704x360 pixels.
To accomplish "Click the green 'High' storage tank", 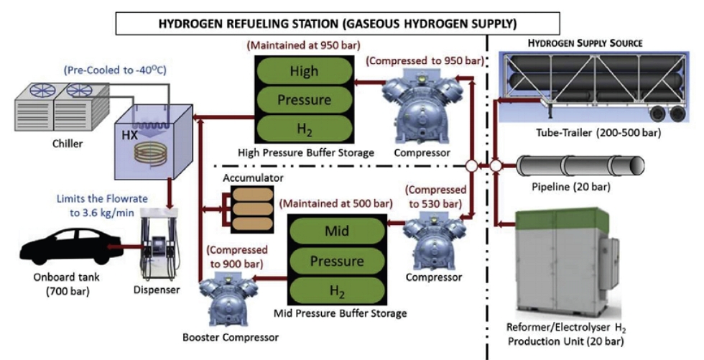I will pos(304,72).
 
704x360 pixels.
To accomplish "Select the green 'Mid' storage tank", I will pos(333,231).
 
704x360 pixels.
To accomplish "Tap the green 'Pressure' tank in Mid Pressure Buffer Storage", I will pos(333,261).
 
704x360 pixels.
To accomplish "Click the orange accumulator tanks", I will pos(251,209).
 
